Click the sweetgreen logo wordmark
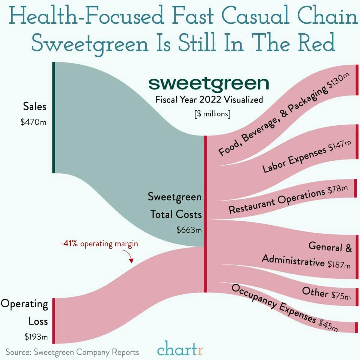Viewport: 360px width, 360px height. [209, 84]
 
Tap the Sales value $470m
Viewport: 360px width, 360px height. [34, 122]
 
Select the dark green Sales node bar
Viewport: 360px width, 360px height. [54, 117]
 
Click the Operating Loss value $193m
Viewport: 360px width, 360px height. [36, 337]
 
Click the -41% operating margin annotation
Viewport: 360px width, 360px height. [99, 244]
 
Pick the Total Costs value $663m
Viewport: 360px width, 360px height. [189, 230]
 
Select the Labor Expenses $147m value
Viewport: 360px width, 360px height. [340, 146]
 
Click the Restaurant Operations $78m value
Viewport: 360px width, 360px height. [337, 190]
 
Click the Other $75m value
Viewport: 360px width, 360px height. [341, 296]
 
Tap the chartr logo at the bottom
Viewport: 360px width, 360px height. [180, 350]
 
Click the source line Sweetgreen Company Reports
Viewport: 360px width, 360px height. [72, 352]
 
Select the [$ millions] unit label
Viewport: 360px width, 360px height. [212, 114]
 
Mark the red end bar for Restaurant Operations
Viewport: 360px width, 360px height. [355, 188]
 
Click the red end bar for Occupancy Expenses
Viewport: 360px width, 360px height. [356, 327]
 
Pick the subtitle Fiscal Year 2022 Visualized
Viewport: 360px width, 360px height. [209, 99]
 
